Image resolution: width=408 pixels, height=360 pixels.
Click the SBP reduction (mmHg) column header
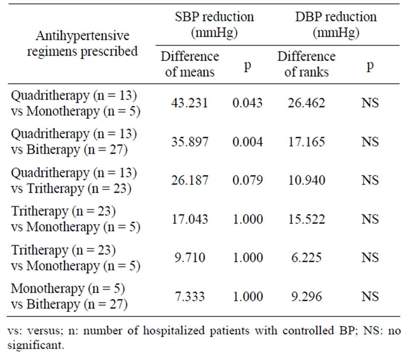[214, 25]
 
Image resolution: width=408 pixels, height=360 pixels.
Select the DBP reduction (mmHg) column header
[336, 25]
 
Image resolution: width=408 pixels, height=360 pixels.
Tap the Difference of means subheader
[190, 64]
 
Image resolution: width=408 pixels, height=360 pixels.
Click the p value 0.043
[247, 103]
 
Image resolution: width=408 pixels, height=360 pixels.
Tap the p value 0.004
[247, 141]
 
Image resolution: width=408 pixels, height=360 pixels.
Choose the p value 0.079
[247, 180]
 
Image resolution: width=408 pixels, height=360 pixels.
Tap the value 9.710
[190, 258]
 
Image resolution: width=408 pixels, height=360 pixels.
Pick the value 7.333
[190, 297]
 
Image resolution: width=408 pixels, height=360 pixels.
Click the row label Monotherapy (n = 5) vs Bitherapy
[69, 297]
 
